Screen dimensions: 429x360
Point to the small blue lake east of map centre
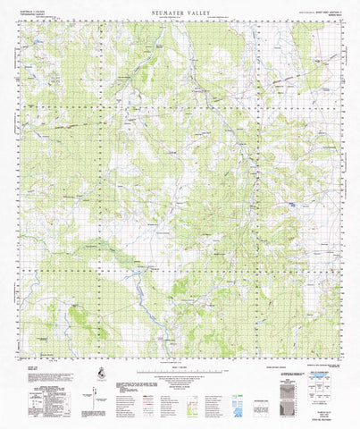click(293, 207)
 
